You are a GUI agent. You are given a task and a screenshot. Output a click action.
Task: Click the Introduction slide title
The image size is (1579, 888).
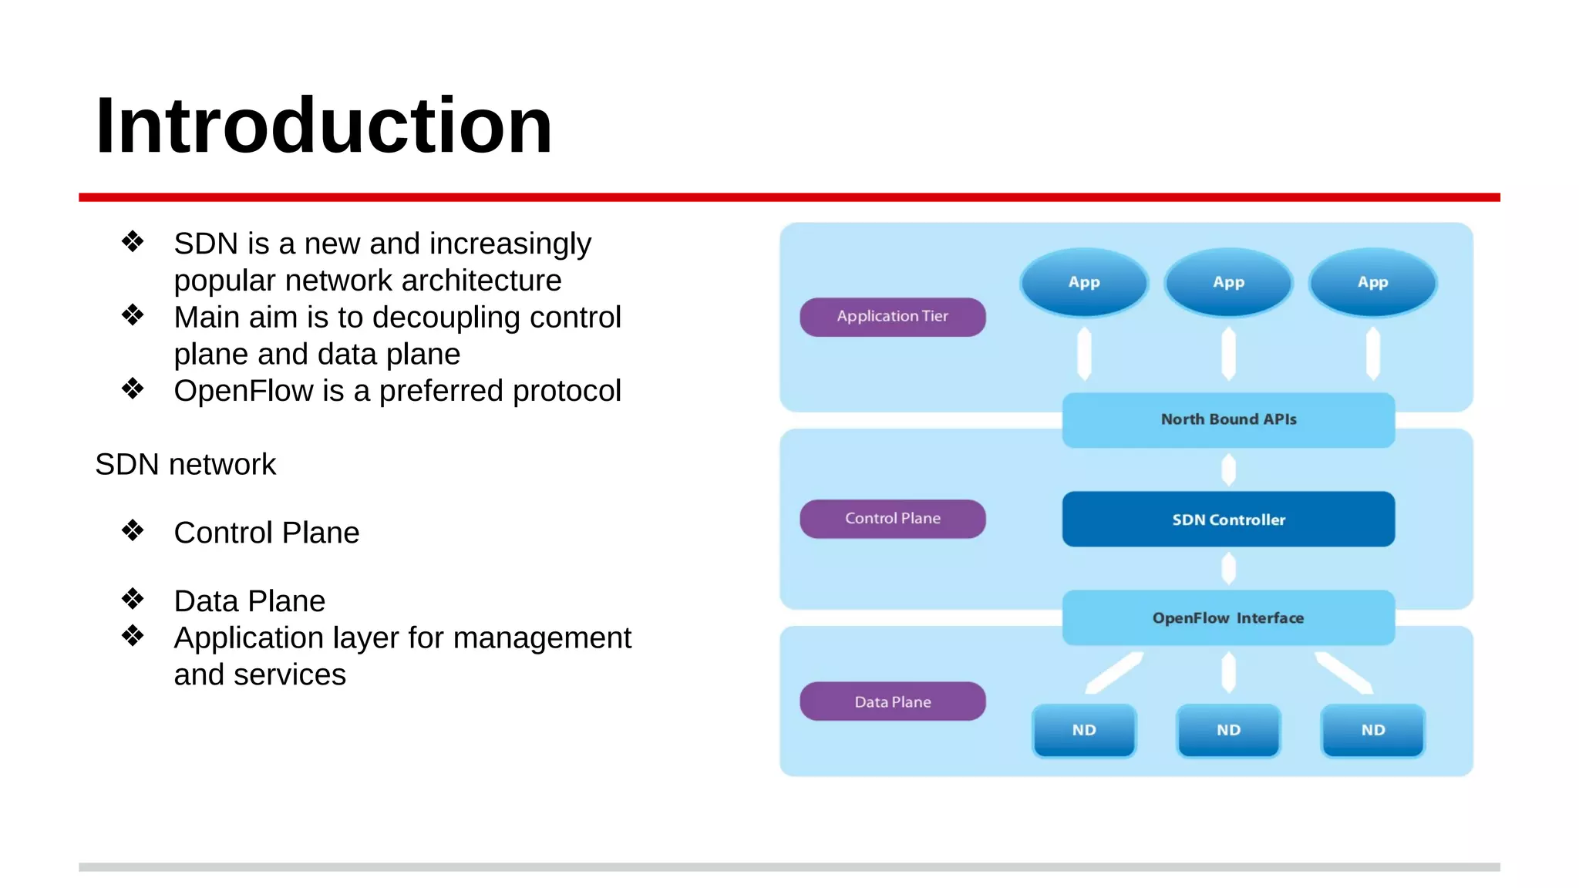click(324, 126)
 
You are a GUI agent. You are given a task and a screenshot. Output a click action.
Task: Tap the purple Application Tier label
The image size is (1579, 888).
click(892, 317)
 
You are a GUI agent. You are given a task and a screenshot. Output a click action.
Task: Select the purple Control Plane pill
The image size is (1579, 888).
click(892, 519)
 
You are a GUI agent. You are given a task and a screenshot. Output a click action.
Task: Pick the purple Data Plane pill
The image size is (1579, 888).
click(892, 701)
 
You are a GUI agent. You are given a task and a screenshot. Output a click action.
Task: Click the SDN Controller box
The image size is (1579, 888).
click(1227, 520)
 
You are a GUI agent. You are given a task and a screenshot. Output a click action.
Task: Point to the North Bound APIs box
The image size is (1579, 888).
click(1227, 420)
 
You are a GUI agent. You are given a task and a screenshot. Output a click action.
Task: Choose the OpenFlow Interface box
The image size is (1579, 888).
click(1227, 618)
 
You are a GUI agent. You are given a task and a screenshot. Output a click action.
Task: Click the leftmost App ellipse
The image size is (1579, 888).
click(1083, 282)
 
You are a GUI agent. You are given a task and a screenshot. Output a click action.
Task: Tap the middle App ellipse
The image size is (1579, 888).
click(1227, 282)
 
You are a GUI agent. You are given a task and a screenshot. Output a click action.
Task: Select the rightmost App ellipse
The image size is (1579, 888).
click(1372, 282)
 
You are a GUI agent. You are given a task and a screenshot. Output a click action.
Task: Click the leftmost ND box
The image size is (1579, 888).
click(1083, 730)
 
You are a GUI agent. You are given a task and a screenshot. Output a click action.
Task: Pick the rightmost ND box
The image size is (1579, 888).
click(1372, 730)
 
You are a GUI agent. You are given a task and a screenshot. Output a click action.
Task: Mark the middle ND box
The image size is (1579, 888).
click(1227, 730)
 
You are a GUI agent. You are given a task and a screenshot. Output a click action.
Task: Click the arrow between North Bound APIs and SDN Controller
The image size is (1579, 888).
click(1228, 469)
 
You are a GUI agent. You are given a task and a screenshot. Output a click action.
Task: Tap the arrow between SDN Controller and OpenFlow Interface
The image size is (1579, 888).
click(1228, 569)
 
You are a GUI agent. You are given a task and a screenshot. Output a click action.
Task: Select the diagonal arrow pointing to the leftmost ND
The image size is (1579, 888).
click(1114, 672)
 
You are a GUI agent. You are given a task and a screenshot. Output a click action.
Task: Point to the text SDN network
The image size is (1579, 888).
click(185, 465)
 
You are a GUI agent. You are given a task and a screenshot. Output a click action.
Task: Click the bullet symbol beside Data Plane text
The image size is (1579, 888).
click(133, 599)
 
